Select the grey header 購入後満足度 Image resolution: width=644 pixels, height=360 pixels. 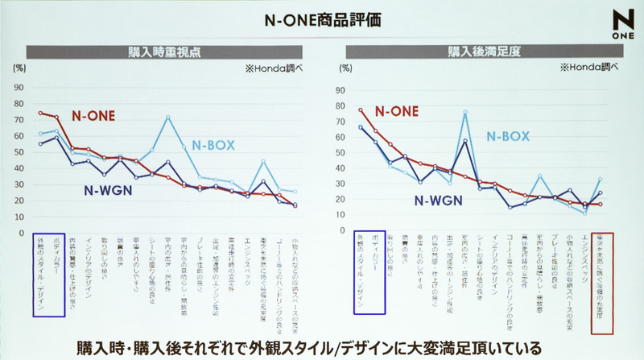tap(481, 52)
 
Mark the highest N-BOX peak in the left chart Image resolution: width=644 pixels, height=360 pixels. tap(168, 117)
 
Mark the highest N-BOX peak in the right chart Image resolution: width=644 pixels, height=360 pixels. tap(465, 112)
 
